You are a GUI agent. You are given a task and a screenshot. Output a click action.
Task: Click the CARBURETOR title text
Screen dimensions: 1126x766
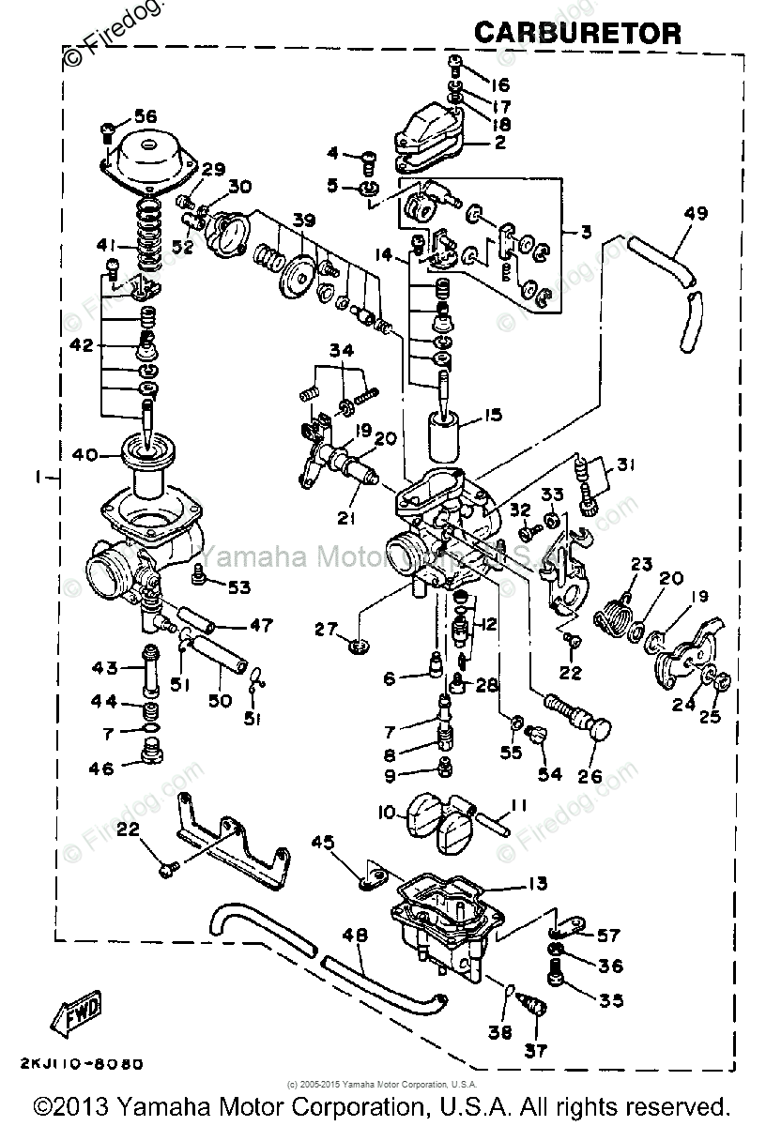pyautogui.click(x=577, y=34)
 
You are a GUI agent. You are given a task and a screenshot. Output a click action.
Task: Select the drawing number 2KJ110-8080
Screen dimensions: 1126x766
pyautogui.click(x=80, y=1064)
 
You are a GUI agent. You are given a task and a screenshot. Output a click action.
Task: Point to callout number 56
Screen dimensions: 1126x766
pyautogui.click(x=145, y=116)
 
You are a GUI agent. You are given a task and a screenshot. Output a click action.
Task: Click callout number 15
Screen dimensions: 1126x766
pyautogui.click(x=493, y=414)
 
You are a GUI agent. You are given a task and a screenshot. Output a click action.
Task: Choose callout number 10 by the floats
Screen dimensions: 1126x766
pyautogui.click(x=388, y=813)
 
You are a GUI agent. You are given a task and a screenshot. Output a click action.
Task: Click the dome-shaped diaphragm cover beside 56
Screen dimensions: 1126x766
pyautogui.click(x=150, y=156)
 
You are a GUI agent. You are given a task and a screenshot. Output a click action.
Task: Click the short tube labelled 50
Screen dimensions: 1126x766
pyautogui.click(x=224, y=678)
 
